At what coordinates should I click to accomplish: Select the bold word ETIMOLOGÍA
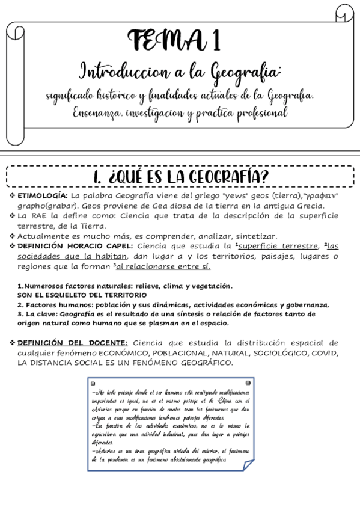tap(42, 196)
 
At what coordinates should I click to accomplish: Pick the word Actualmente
tap(46, 236)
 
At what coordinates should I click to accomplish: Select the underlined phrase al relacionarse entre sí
tap(163, 266)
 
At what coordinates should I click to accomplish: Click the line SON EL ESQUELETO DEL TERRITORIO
tap(81, 295)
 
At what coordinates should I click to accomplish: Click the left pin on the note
tap(92, 382)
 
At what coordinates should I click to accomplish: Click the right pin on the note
tap(247, 382)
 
